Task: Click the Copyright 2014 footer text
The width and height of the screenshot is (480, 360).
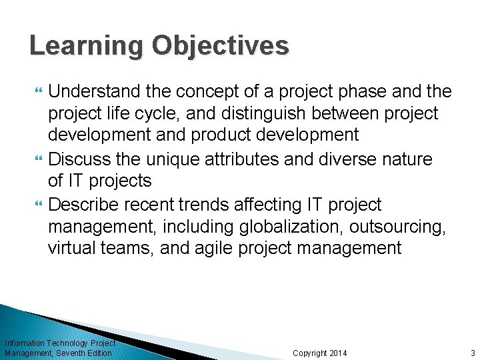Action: pyautogui.click(x=320, y=353)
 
